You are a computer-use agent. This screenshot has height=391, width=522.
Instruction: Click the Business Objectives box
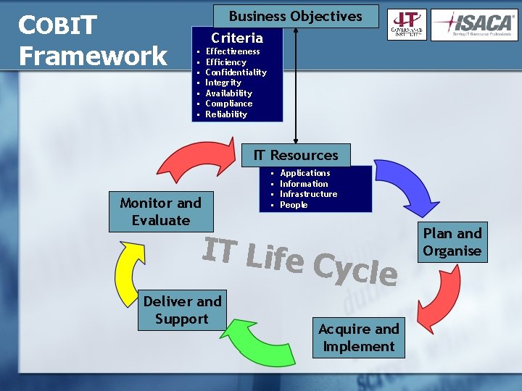296,16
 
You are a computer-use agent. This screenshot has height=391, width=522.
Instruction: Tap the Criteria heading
237,38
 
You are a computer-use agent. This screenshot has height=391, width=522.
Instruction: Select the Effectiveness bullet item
233,51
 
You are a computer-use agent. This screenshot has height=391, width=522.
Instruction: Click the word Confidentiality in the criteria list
236,72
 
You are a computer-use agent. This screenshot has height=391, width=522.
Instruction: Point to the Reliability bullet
226,114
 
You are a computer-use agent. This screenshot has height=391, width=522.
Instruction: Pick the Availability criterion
229,93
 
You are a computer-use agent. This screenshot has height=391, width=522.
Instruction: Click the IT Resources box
296,155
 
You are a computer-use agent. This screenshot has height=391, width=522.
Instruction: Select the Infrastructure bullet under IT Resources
309,194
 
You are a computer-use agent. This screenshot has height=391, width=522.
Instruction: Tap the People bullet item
294,205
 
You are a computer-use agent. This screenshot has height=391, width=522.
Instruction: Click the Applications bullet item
305,173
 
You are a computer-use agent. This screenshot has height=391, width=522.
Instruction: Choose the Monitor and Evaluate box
161,211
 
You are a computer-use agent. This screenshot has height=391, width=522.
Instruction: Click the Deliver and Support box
182,310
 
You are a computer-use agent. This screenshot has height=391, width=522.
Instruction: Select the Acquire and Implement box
359,337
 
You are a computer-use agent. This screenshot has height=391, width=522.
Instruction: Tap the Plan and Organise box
452,242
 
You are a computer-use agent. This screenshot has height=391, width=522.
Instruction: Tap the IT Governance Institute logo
407,25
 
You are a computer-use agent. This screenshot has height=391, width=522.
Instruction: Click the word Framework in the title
93,56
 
